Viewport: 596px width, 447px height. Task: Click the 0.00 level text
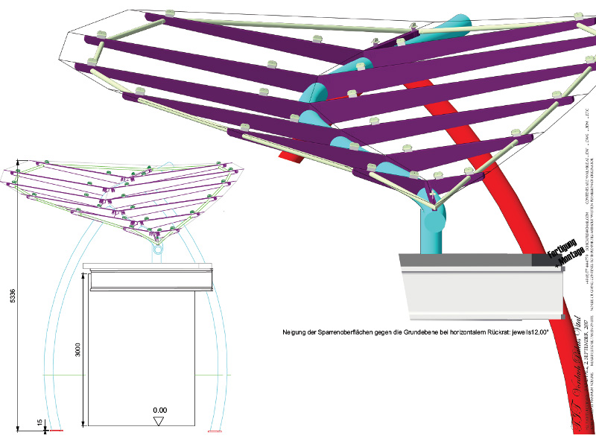159,410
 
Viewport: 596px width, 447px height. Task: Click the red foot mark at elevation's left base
54,431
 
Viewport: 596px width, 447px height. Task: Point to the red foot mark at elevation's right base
216,431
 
